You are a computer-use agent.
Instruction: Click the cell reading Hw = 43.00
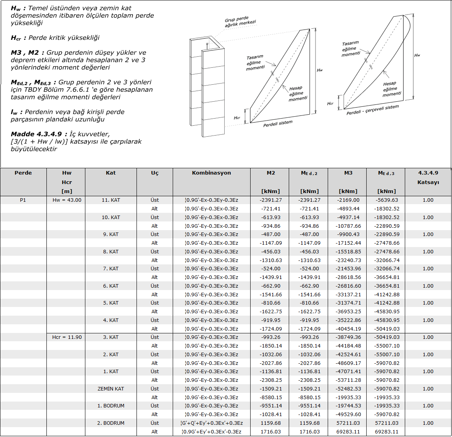67,200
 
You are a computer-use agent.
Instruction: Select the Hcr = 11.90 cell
67,337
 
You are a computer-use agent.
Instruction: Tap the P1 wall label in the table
23,200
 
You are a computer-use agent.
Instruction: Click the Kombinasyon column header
211,173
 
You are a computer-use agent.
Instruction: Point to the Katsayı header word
428,182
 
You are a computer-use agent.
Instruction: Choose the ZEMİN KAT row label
111,389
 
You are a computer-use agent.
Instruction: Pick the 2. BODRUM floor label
111,423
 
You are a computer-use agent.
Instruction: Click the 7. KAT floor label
111,269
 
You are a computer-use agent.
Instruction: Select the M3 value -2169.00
348,200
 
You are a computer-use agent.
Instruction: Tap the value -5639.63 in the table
387,200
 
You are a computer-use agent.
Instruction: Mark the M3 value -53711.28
348,380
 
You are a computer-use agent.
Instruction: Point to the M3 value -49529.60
348,415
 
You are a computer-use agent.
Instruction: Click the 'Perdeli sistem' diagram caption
278,123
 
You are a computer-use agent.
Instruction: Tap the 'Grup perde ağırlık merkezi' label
240,22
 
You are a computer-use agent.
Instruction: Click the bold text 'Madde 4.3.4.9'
36,134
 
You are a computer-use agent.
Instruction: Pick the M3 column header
348,173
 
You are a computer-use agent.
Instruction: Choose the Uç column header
155,173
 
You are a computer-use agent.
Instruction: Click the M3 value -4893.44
348,209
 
